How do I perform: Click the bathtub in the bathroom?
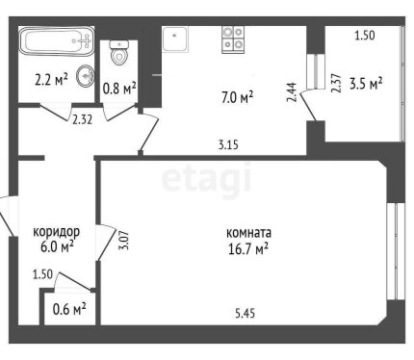coord(53,43)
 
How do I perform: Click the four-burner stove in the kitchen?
coord(234,39)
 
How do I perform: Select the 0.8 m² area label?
coord(119,89)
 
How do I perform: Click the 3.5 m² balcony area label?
coord(366,84)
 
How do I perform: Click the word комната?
coord(248,233)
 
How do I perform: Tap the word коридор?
coord(57,232)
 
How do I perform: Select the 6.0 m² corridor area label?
coord(57,247)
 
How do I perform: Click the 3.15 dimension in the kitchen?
coord(227,146)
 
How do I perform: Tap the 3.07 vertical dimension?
coord(122,238)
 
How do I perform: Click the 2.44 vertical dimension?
coord(291,92)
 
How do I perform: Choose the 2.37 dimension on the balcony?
coord(335,83)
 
